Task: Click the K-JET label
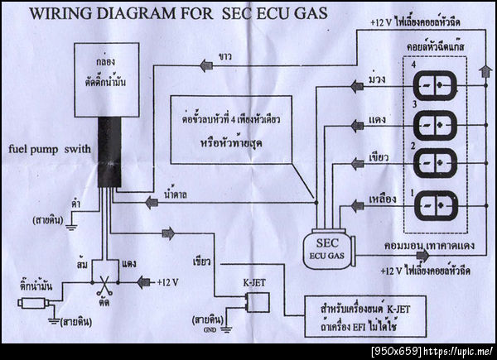pos(253,282)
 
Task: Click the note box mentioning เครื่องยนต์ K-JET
pos(360,313)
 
